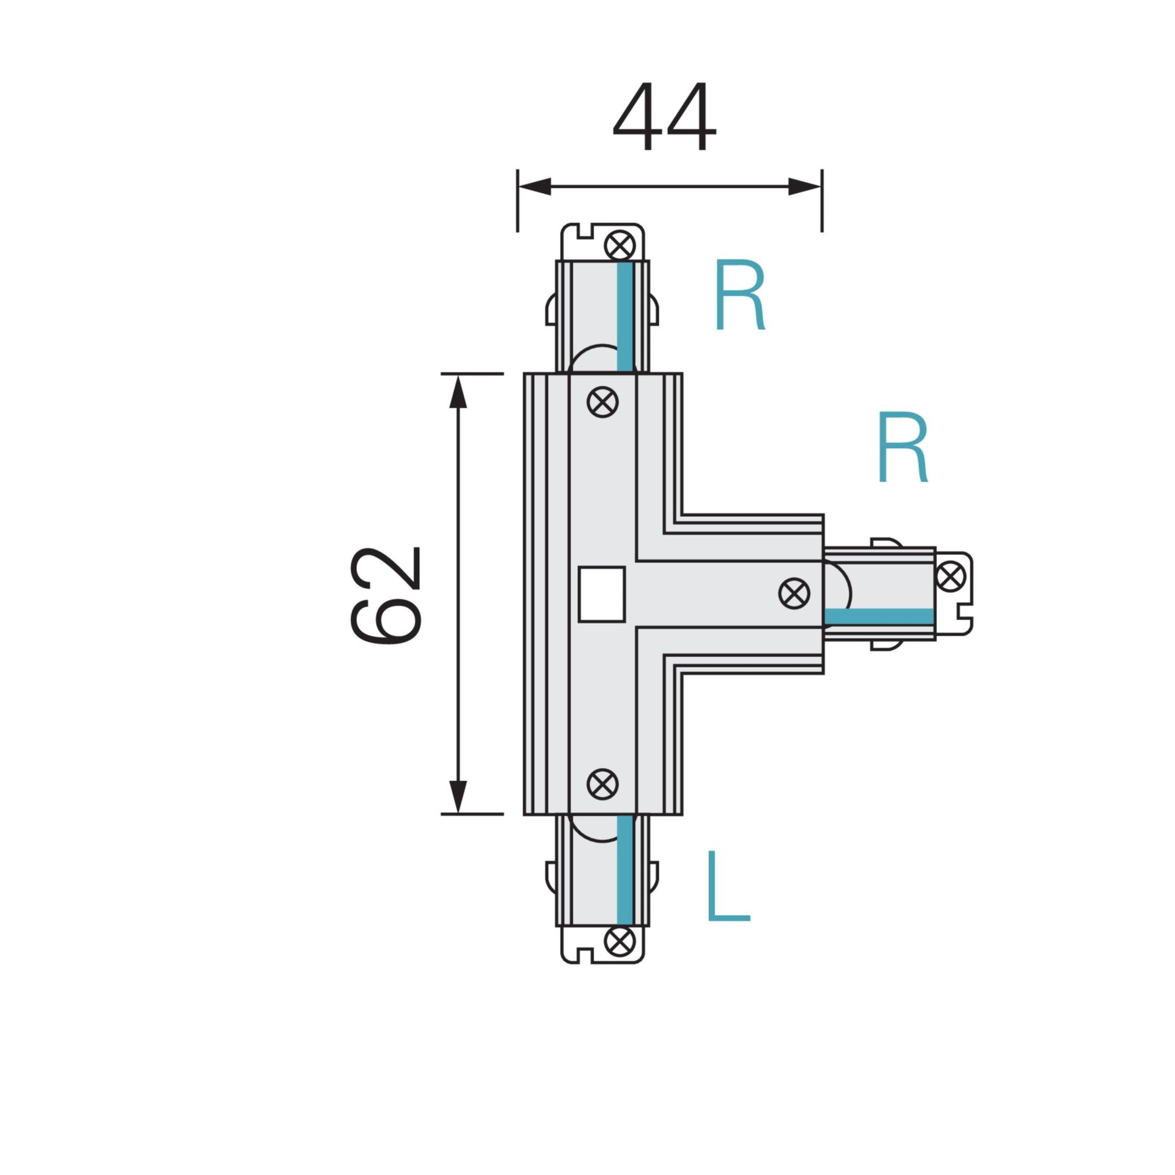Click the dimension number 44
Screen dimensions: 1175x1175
664,117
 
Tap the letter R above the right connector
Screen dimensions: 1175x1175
902,447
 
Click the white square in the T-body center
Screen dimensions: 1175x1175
601,594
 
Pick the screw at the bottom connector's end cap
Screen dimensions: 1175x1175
620,941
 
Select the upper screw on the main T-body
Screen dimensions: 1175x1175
603,402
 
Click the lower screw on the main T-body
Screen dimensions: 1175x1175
603,784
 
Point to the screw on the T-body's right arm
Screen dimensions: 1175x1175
794,593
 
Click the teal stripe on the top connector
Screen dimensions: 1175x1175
624,316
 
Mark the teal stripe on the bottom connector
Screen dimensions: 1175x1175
624,869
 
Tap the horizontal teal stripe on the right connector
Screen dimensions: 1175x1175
879,616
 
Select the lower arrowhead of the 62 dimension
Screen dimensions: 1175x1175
457,797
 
